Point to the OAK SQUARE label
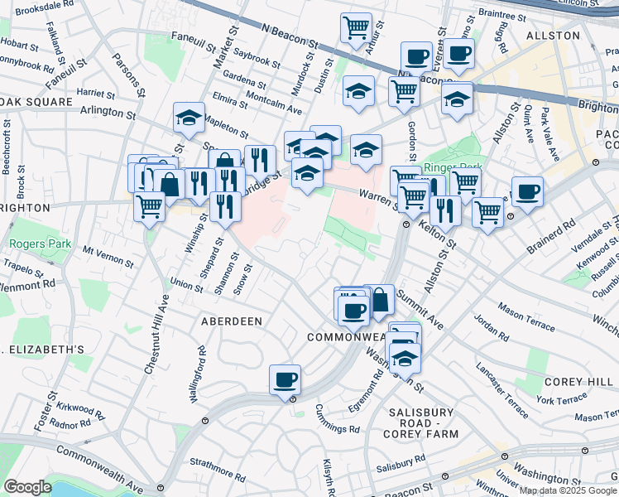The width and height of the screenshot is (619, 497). [x=36, y=102]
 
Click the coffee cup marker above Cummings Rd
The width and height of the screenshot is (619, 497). [x=286, y=380]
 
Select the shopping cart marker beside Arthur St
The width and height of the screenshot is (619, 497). [x=356, y=27]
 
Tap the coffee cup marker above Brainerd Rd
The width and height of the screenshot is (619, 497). [x=527, y=192]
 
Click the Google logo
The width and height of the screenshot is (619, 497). [x=27, y=487]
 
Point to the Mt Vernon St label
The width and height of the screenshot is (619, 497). [x=108, y=255]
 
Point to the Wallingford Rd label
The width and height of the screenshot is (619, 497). [x=197, y=375]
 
